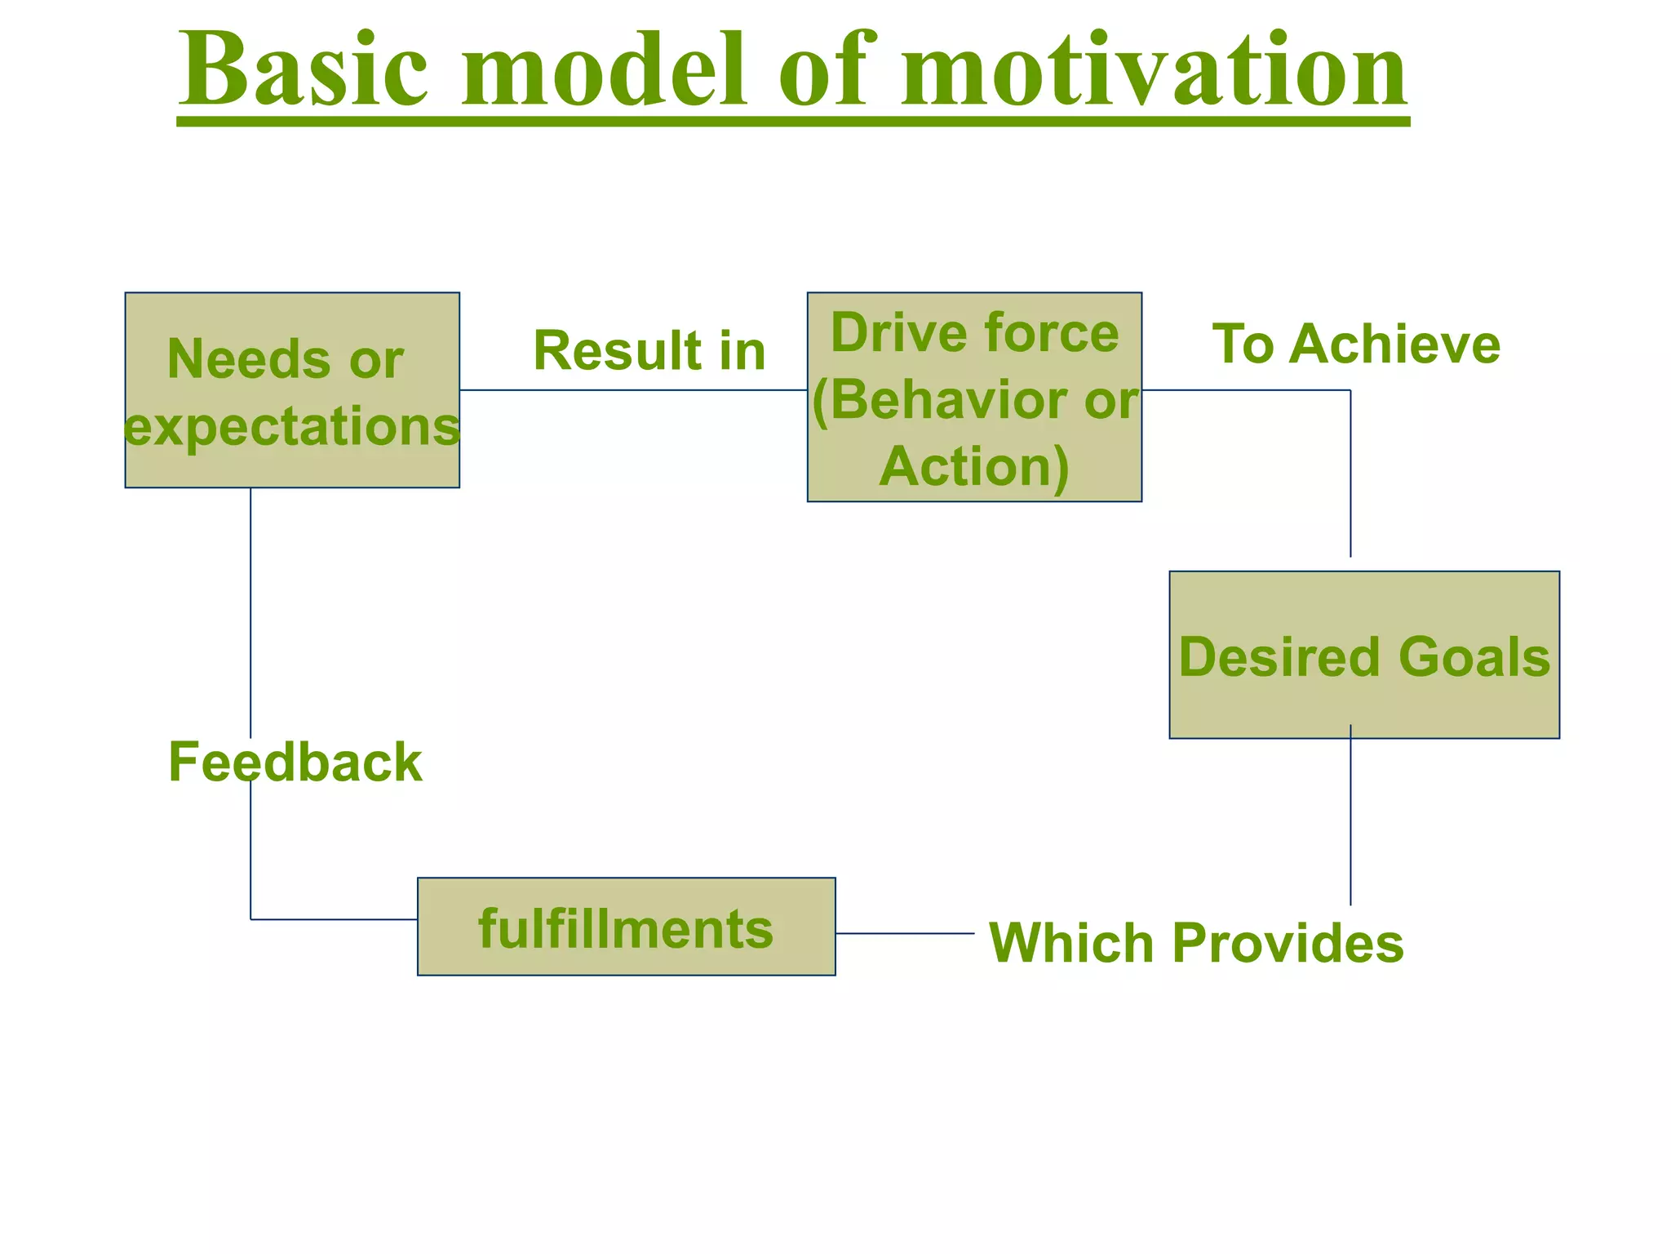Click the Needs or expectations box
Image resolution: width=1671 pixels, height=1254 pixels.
pos(292,390)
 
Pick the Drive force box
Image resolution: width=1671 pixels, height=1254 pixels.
pos(974,397)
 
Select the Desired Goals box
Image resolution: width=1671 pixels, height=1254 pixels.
pos(1364,655)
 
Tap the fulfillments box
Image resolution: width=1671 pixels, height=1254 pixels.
pos(626,927)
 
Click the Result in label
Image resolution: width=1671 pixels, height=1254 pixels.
pos(649,351)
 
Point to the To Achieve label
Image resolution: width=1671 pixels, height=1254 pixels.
pos(1356,344)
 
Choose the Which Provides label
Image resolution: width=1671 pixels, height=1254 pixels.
pos(1196,943)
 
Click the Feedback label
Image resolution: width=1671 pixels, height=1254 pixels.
pos(295,763)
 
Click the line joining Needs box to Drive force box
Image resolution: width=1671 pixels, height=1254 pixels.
pos(633,390)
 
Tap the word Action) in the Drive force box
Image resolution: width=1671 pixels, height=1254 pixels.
pos(974,467)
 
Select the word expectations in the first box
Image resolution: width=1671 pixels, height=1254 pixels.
pos(292,426)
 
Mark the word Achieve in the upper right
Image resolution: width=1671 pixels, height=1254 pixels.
pos(1394,344)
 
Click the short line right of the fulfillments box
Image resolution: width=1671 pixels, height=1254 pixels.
pos(905,933)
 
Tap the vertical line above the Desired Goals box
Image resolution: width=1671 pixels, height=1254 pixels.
pos(1350,474)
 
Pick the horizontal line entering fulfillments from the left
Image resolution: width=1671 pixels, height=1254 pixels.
pos(335,919)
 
